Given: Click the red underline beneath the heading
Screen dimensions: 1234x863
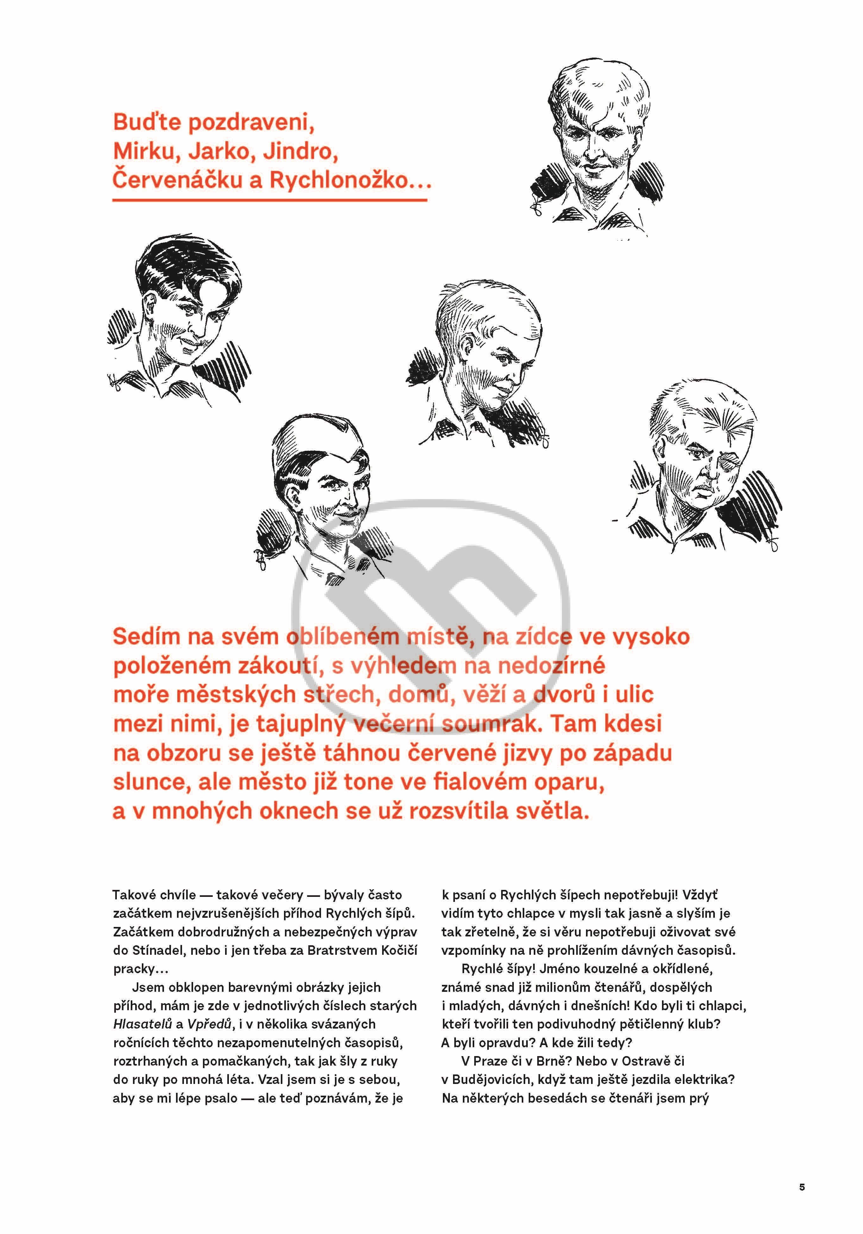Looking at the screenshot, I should pos(269,200).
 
